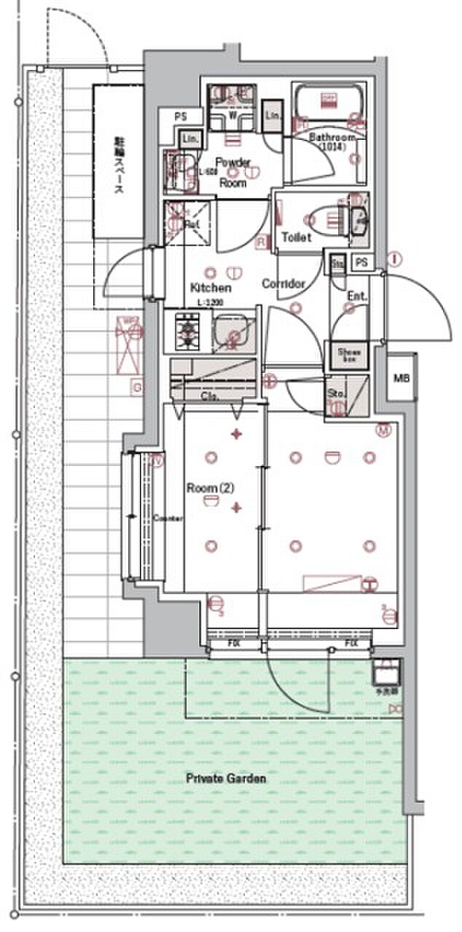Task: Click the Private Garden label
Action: (x=225, y=778)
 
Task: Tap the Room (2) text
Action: (x=210, y=488)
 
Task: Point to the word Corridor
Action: (x=283, y=283)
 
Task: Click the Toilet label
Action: (x=297, y=237)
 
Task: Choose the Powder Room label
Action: (x=234, y=172)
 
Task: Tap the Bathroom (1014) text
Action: (x=332, y=142)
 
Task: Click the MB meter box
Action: (x=402, y=378)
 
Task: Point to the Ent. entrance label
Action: (x=357, y=296)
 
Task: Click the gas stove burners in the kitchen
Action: (x=188, y=331)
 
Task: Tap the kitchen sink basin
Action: (x=233, y=332)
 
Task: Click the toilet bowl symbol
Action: (x=325, y=216)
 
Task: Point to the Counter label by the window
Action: (x=168, y=518)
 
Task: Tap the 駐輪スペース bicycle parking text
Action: (x=117, y=165)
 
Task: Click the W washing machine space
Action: (x=232, y=114)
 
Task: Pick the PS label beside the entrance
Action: (x=362, y=262)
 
